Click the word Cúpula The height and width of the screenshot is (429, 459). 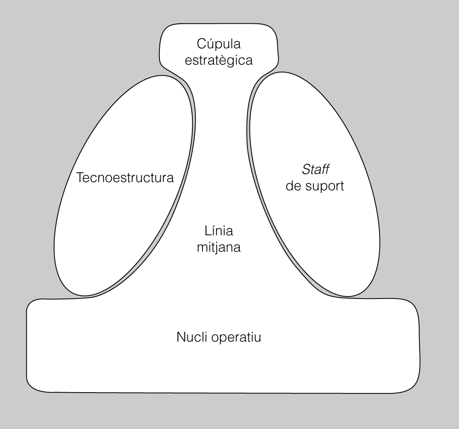click(x=218, y=43)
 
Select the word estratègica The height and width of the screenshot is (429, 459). click(x=218, y=61)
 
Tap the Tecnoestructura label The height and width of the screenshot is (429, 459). click(x=125, y=178)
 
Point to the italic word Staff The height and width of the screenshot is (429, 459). click(x=316, y=169)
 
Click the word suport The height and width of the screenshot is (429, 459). click(x=325, y=186)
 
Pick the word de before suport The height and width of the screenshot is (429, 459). click(x=294, y=186)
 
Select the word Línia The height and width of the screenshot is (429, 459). click(x=218, y=231)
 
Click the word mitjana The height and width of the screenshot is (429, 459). click(x=218, y=247)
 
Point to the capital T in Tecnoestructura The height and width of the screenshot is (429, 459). click(x=80, y=178)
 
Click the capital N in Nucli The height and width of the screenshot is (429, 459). click(x=181, y=337)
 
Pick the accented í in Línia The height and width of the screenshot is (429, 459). click(x=211, y=231)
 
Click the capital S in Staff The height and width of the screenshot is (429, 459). click(x=306, y=169)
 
